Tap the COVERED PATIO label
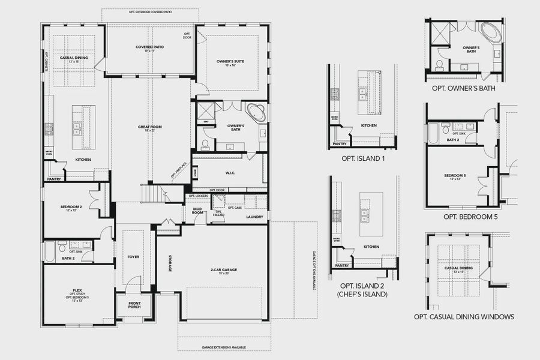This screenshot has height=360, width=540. pos(150,47)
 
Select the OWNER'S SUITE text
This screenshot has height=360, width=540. pos(231,61)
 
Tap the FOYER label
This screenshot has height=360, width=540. pos(133,257)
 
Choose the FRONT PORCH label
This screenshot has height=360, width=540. pos(135,305)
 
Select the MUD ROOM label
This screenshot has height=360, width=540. pos(197,211)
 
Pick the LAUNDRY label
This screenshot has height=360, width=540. pos(254,217)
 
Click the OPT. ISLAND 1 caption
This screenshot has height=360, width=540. pos(363,158)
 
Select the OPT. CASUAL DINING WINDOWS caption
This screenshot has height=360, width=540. pos(464,317)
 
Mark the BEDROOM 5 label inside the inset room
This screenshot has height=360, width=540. pos(455,176)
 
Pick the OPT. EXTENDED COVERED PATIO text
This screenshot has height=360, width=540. pos(150,12)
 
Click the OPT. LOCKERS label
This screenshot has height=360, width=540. pos(198,196)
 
